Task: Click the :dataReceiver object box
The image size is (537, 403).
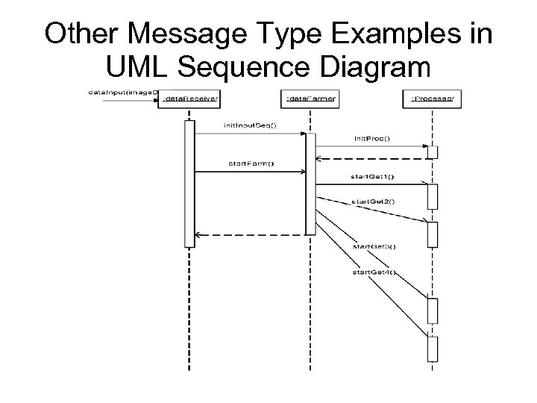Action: click(189, 98)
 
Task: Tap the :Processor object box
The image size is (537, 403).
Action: click(432, 98)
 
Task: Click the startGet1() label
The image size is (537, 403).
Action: click(371, 176)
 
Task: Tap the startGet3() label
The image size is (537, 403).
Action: click(373, 246)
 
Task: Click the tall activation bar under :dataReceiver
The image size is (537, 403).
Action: click(189, 183)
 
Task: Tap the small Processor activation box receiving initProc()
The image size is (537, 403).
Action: click(432, 151)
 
